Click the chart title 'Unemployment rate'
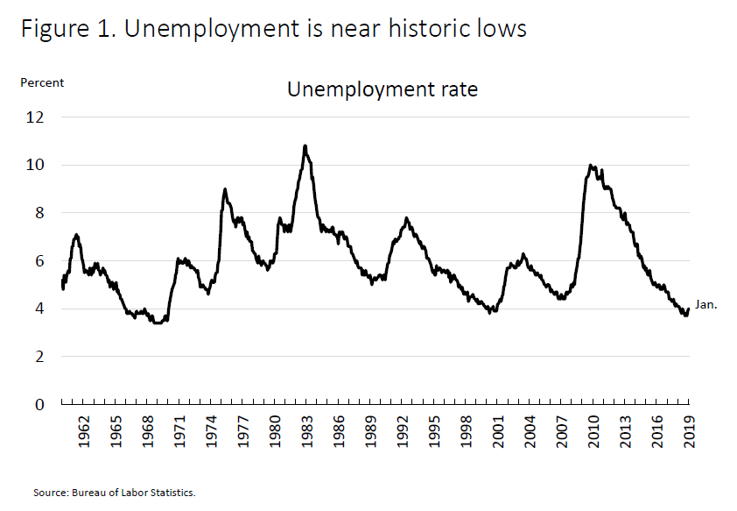(383, 89)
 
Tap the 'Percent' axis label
(42, 82)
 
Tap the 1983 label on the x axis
(306, 432)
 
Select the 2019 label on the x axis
(688, 432)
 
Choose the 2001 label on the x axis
(497, 432)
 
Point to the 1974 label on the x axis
(211, 432)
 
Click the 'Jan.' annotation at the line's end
(705, 305)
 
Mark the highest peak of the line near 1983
(305, 146)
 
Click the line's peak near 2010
(591, 165)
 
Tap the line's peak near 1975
(225, 189)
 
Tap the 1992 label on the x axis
(402, 432)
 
